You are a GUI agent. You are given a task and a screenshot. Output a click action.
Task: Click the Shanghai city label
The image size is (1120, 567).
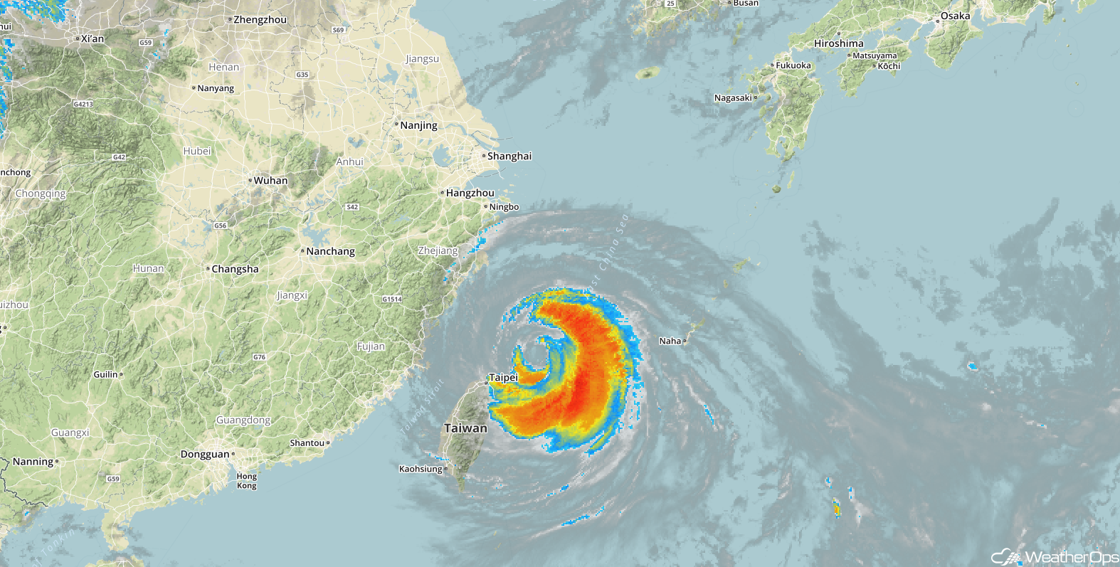[509, 156]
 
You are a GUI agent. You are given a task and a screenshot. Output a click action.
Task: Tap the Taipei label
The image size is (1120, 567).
[503, 377]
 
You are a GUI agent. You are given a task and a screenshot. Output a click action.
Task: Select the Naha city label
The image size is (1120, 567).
[670, 341]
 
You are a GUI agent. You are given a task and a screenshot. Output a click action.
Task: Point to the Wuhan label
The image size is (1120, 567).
[270, 181]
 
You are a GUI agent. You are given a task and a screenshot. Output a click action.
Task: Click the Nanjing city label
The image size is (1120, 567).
[418, 125]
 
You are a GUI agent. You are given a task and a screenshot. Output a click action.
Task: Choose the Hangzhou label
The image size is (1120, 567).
[470, 193]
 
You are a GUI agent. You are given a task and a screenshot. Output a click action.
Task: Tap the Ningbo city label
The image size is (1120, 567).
[504, 207]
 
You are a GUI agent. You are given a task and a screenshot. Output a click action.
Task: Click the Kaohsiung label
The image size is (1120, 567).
[421, 469]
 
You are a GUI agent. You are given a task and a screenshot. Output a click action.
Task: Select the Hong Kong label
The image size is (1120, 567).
[247, 481]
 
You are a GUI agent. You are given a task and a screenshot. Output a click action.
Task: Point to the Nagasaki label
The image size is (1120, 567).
[733, 97]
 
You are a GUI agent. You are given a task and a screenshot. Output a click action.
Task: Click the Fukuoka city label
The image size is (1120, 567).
[793, 65]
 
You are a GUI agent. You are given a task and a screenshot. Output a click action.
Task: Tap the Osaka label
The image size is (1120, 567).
[955, 16]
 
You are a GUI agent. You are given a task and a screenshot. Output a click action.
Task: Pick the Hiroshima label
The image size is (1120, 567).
[839, 43]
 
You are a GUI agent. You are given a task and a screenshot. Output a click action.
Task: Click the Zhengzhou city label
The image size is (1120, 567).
[260, 20]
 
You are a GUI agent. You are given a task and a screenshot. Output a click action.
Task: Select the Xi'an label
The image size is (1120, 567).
[93, 38]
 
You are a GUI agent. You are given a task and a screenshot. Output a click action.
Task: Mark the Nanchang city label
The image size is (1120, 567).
[330, 251]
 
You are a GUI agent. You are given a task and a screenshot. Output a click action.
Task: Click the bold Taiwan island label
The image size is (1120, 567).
[465, 428]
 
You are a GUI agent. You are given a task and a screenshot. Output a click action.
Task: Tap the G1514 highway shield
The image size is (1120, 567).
[392, 300]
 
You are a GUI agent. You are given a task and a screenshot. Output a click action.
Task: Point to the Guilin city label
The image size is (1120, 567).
[105, 374]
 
